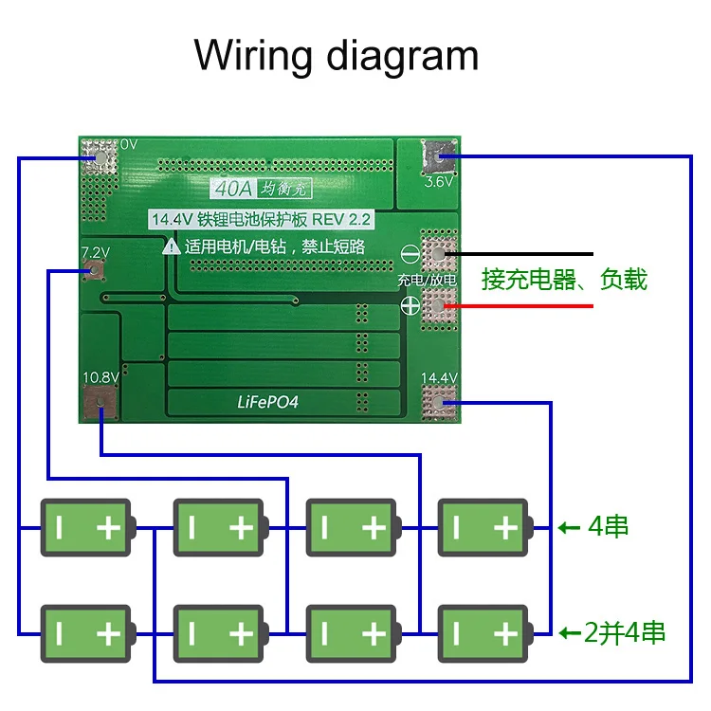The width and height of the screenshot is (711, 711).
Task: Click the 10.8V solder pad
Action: coord(98,407)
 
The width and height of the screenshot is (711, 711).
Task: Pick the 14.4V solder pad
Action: coord(439,404)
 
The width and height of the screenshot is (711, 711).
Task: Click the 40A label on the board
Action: coord(232,190)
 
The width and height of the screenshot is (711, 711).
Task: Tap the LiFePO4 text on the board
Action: coord(267,401)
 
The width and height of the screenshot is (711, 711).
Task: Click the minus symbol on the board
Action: coord(410,254)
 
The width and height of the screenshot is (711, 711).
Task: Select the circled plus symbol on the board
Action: coord(410,305)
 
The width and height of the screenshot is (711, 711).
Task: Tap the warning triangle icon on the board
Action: coord(172,246)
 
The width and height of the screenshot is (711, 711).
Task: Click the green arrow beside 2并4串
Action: coord(570,632)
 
